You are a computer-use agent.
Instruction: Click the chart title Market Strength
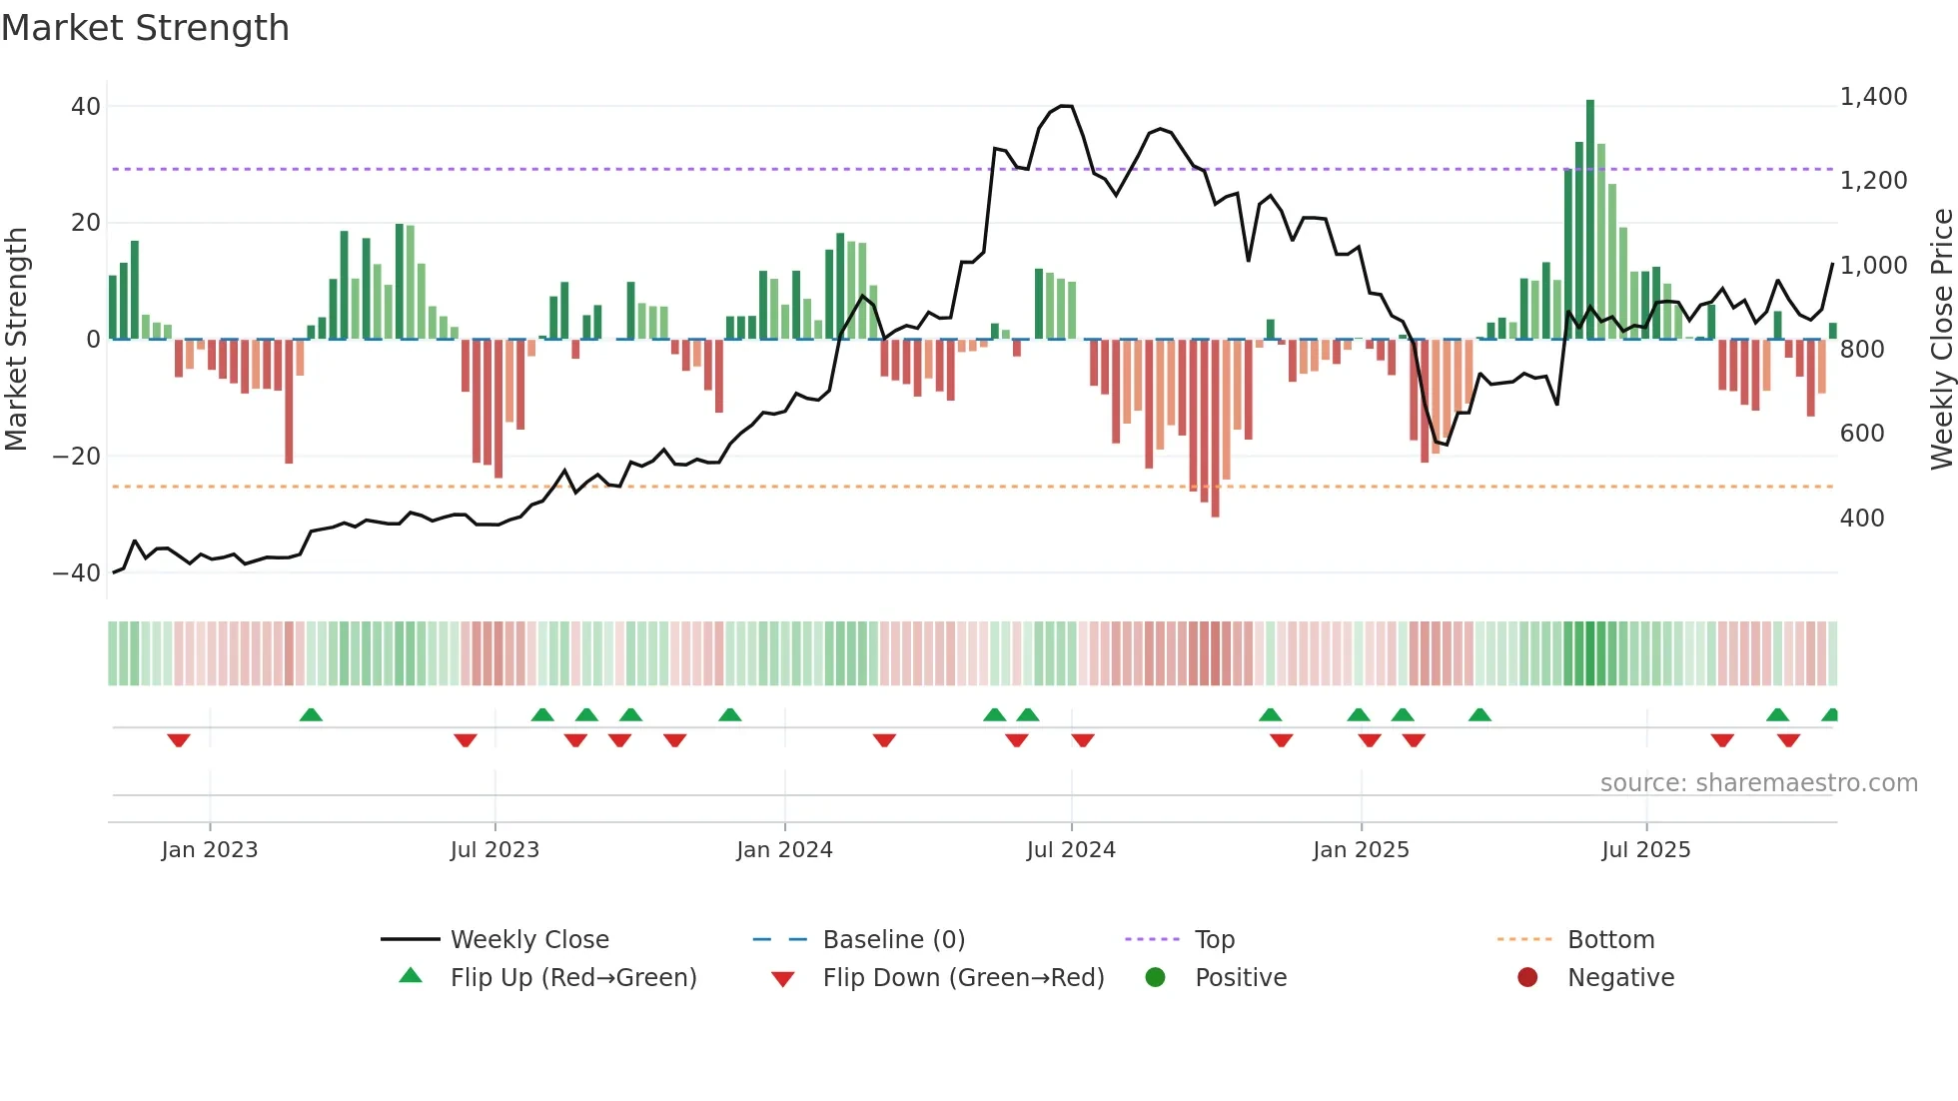145,28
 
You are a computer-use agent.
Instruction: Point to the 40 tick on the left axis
86,106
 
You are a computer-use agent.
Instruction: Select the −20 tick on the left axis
77,457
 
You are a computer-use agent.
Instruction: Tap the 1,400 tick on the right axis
1873,97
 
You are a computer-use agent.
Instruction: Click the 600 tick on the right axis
1862,434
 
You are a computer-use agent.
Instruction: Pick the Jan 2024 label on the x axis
784,850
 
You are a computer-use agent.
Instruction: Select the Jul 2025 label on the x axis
1645,850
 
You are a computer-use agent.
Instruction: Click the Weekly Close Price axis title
1941,340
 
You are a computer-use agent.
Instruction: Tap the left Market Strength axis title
17,340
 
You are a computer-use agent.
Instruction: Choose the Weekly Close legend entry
528,940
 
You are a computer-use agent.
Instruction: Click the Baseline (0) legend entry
893,940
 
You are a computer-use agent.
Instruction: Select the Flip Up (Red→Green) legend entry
572,978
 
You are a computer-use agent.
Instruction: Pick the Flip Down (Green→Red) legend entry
963,978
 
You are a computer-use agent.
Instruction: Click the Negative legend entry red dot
1527,978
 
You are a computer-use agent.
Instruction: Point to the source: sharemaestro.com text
1758,783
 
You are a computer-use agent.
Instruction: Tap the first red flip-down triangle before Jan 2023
179,740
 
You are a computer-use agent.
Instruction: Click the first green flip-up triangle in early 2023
311,714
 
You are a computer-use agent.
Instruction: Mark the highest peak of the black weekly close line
1066,106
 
